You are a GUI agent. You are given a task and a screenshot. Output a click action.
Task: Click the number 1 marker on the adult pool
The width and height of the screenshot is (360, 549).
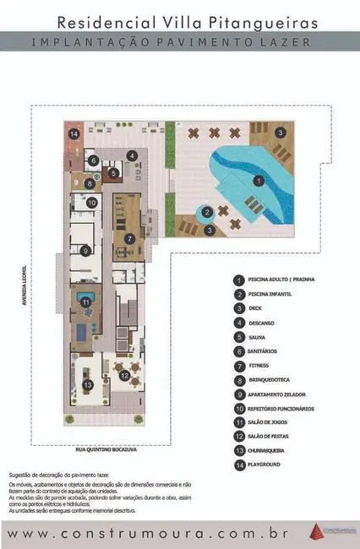tap(259, 180)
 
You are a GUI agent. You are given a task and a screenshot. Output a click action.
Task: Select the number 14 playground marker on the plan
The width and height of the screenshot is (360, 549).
tap(74, 133)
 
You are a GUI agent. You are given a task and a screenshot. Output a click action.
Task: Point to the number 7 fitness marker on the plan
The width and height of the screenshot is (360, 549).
tap(129, 237)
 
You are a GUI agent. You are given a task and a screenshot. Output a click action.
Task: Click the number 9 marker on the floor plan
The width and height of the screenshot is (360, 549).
tap(85, 250)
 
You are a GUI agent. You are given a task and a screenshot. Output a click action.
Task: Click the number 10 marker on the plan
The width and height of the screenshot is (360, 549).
tap(93, 203)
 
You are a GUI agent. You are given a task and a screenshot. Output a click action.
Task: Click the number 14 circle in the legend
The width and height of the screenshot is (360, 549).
tap(239, 465)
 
